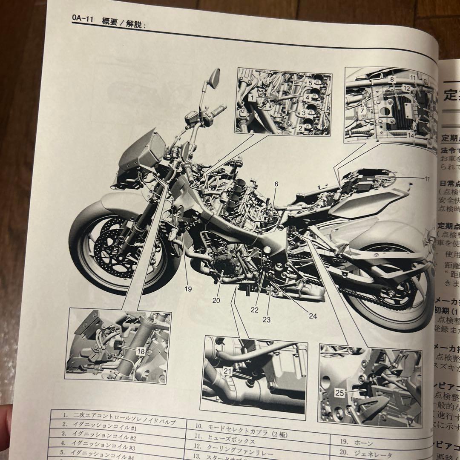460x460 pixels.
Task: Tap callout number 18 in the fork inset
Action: pos(141,351)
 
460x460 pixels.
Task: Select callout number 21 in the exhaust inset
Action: pos(228,371)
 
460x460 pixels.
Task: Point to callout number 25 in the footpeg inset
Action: pos(339,393)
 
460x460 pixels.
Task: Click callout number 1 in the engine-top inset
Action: pos(252,98)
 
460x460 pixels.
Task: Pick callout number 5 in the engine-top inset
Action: pos(310,83)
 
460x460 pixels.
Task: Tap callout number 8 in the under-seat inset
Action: pos(392,79)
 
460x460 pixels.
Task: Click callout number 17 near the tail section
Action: pos(427,179)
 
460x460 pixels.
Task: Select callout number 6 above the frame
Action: pos(276,184)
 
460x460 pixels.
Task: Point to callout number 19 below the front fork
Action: pos(188,289)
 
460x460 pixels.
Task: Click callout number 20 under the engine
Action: pos(216,300)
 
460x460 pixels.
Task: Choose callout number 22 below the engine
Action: pos(254,310)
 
